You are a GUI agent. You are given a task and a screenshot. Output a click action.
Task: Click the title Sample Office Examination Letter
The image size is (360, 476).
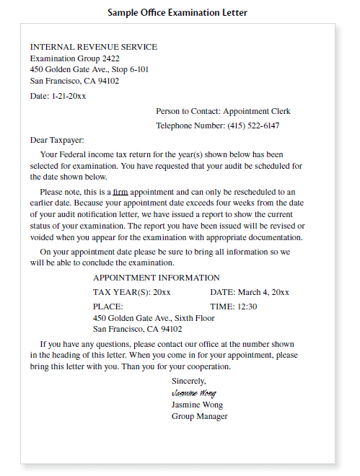(177, 12)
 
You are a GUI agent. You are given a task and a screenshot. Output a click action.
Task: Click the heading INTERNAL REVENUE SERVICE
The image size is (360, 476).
(93, 47)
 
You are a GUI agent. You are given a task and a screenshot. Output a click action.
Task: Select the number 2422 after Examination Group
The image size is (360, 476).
(110, 58)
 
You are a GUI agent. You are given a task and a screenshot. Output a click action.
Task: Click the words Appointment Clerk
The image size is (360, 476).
(256, 112)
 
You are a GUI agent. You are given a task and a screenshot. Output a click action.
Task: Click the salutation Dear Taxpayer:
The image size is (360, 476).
(57, 140)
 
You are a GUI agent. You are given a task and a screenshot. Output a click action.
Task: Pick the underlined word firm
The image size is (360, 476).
(120, 192)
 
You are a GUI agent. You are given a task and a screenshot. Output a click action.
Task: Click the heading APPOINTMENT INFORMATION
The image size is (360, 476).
(157, 278)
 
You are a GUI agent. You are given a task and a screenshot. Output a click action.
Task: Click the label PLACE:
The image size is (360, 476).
(108, 307)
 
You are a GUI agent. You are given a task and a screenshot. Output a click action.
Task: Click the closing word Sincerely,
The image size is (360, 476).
(188, 380)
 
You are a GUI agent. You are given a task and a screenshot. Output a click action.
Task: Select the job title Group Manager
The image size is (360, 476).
(199, 416)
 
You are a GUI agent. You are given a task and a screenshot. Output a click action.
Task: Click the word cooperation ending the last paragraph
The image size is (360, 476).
(207, 366)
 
